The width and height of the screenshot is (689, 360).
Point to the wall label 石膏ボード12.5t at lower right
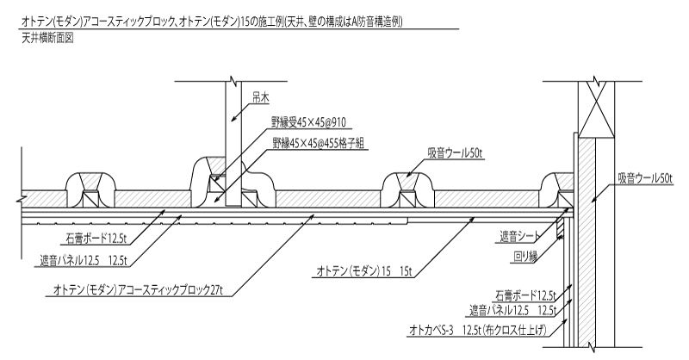523,294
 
